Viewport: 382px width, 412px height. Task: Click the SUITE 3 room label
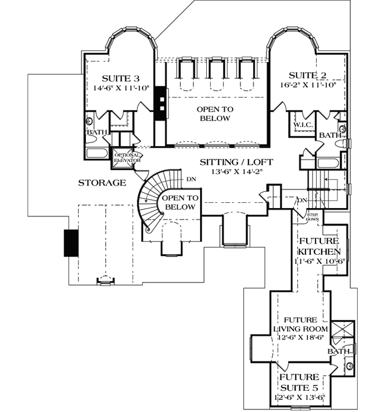[120, 78]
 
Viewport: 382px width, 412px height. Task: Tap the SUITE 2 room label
[308, 75]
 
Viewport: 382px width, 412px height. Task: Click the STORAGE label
[102, 183]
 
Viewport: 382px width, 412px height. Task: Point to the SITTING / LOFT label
[237, 162]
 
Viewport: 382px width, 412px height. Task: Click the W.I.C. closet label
[303, 125]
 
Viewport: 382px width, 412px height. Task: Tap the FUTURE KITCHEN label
[319, 246]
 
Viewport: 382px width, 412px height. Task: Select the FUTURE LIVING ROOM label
[301, 324]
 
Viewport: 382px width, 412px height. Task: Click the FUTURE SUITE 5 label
[299, 382]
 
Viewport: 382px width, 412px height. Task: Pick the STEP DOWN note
[312, 217]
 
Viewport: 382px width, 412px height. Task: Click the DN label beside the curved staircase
[191, 179]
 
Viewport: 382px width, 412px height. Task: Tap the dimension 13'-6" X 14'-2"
[237, 172]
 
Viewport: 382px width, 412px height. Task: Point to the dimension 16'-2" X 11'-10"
[308, 85]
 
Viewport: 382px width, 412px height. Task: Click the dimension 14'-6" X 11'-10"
[121, 88]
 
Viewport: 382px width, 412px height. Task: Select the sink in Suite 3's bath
[90, 121]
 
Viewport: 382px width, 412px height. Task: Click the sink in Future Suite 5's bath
[350, 366]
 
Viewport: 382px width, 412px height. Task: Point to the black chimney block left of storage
[71, 243]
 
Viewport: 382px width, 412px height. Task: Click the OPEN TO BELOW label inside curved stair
[180, 202]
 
